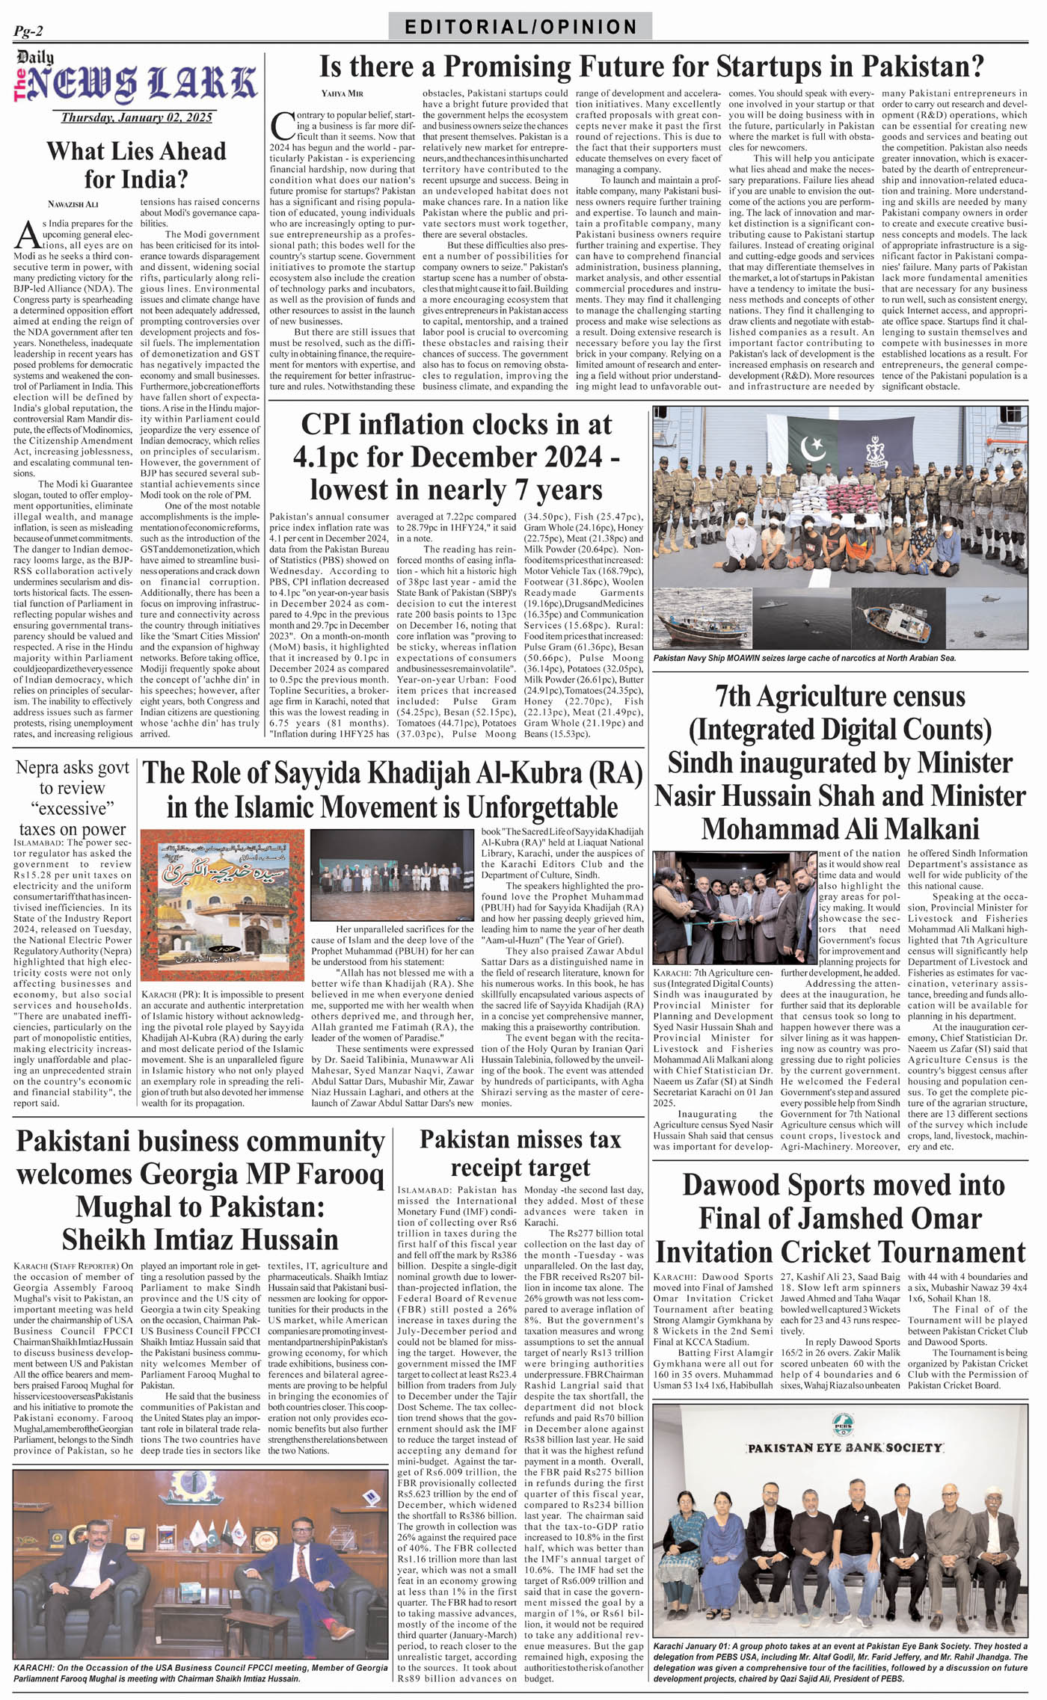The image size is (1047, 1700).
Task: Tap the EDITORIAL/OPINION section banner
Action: click(x=521, y=28)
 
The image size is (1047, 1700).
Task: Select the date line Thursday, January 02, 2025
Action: click(x=137, y=117)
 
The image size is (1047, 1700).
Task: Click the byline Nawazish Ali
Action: click(x=73, y=204)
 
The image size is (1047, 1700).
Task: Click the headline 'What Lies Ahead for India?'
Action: click(x=136, y=165)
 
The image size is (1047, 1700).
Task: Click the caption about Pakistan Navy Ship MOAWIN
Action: click(x=805, y=658)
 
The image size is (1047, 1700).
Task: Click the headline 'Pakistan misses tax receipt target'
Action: click(x=521, y=1153)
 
